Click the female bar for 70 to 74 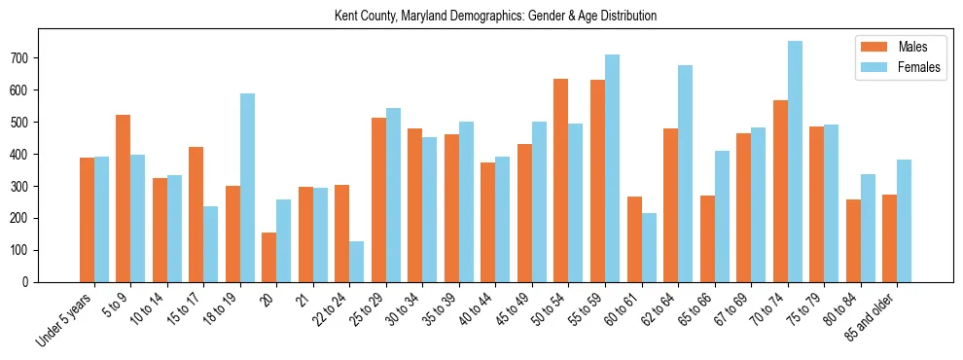[795, 162]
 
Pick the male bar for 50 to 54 [561, 181]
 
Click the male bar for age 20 [269, 258]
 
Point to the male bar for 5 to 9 [124, 198]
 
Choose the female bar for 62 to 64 [686, 174]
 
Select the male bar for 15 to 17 [196, 215]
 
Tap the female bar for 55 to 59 [613, 168]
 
